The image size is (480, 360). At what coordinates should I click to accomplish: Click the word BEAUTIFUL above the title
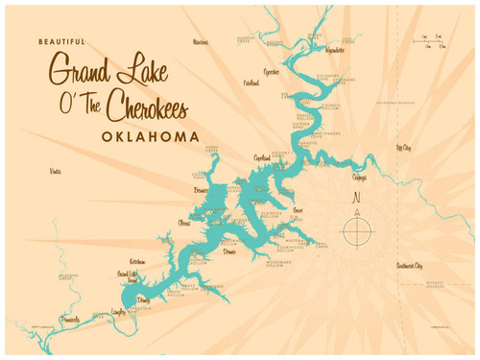pyautogui.click(x=61, y=42)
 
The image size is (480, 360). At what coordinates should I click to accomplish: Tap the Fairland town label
pyautogui.click(x=251, y=84)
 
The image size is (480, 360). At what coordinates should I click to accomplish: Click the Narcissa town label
pyautogui.click(x=200, y=42)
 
